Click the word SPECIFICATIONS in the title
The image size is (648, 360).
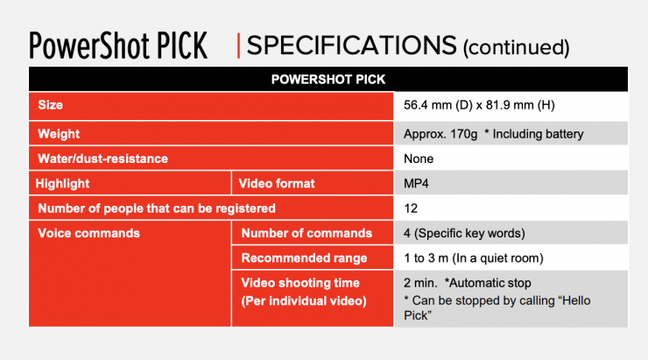click(352, 45)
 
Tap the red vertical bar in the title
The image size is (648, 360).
click(238, 46)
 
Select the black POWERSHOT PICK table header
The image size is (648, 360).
click(328, 79)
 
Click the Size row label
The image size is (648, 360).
click(51, 105)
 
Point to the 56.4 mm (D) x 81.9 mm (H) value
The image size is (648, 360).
click(479, 105)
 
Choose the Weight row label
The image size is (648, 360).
click(59, 134)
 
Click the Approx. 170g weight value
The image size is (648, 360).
click(440, 134)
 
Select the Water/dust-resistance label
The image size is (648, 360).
click(103, 159)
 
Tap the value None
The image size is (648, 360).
click(419, 159)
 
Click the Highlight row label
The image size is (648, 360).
click(62, 184)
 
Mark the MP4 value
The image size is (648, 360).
click(416, 184)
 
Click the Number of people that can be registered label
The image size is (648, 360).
click(157, 208)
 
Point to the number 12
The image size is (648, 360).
click(411, 208)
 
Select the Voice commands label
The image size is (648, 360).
click(88, 233)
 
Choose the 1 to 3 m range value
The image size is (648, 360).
click(474, 258)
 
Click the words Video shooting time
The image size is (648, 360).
click(300, 283)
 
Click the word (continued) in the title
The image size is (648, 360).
click(516, 47)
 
